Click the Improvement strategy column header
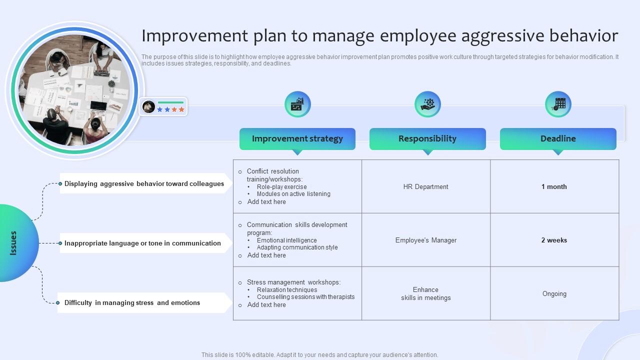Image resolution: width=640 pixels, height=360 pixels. (x=297, y=139)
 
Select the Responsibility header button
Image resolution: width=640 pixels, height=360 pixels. (x=427, y=139)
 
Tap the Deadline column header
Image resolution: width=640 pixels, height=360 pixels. (x=558, y=139)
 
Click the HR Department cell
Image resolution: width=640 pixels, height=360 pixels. (x=426, y=186)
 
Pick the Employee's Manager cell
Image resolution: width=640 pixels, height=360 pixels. (x=426, y=240)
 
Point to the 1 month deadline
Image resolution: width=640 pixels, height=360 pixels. (x=554, y=186)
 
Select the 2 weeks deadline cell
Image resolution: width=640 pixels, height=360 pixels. (x=554, y=240)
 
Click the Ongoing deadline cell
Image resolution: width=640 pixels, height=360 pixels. (x=554, y=294)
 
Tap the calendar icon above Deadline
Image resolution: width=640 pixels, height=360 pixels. (x=558, y=104)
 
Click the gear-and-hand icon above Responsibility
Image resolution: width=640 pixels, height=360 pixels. (x=427, y=104)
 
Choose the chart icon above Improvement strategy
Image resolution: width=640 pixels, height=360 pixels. (x=297, y=104)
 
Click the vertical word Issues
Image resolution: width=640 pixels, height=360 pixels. (x=13, y=243)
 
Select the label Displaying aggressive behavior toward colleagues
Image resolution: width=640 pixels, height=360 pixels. (x=144, y=183)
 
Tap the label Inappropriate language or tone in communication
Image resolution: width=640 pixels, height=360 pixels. (x=142, y=243)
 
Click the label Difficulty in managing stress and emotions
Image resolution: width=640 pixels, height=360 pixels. (x=132, y=302)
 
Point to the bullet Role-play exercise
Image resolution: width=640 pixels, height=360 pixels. (x=281, y=186)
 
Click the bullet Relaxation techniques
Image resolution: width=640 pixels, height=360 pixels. (x=287, y=290)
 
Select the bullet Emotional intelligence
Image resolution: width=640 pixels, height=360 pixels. (x=286, y=240)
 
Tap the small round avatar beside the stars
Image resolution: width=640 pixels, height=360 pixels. (x=148, y=106)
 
